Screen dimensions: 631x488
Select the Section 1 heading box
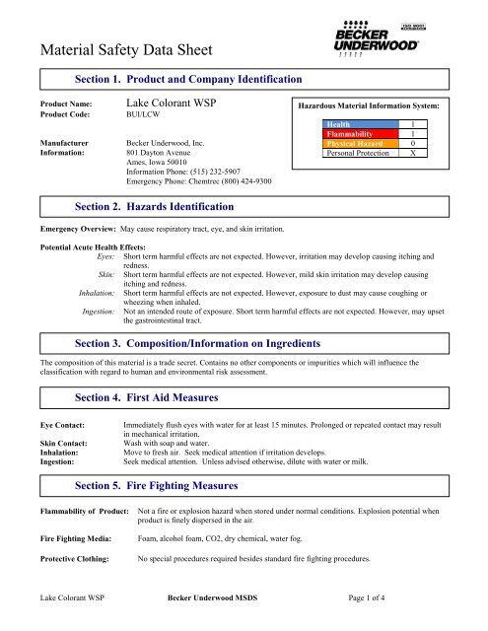187,78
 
